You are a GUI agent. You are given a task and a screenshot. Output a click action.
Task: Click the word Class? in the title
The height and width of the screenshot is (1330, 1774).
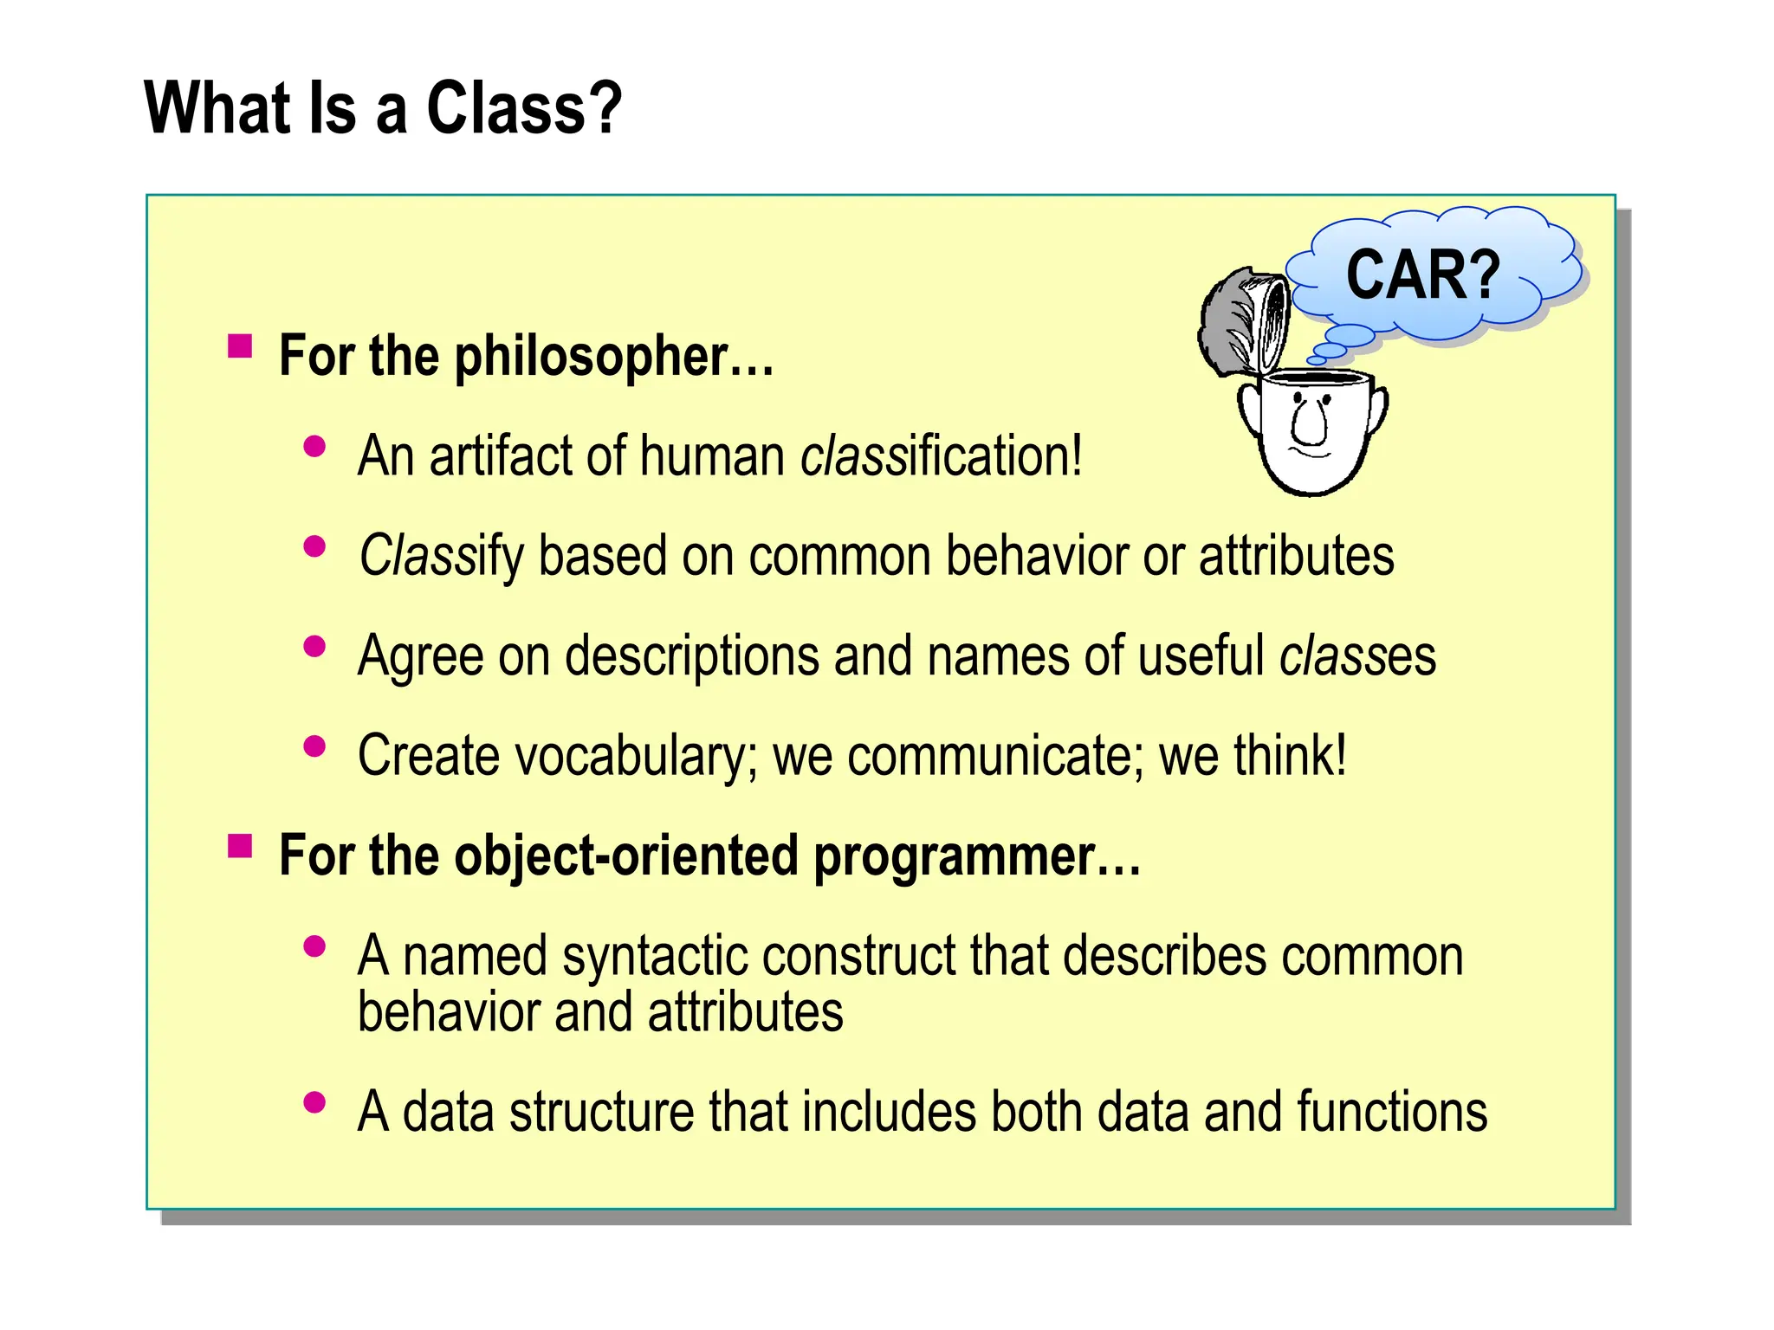[x=524, y=108]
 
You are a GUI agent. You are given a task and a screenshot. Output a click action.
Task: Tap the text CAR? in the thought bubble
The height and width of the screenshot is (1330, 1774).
[x=1422, y=275]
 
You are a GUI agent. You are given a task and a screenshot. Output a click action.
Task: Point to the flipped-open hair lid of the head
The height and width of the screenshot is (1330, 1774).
[x=1243, y=320]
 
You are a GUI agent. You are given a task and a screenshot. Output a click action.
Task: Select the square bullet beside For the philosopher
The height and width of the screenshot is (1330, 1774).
[x=240, y=346]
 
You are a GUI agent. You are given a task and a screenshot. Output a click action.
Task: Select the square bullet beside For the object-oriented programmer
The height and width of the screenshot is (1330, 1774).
[x=240, y=845]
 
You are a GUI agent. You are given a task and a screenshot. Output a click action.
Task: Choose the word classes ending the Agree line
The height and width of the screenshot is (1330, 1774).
[x=1357, y=656]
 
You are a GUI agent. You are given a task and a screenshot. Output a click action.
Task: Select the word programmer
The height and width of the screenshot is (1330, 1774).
[x=977, y=856]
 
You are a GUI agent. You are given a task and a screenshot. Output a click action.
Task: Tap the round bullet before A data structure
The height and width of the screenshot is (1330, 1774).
[x=314, y=1102]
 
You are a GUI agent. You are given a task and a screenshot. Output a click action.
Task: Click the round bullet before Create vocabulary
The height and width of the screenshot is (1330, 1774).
[x=314, y=746]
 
